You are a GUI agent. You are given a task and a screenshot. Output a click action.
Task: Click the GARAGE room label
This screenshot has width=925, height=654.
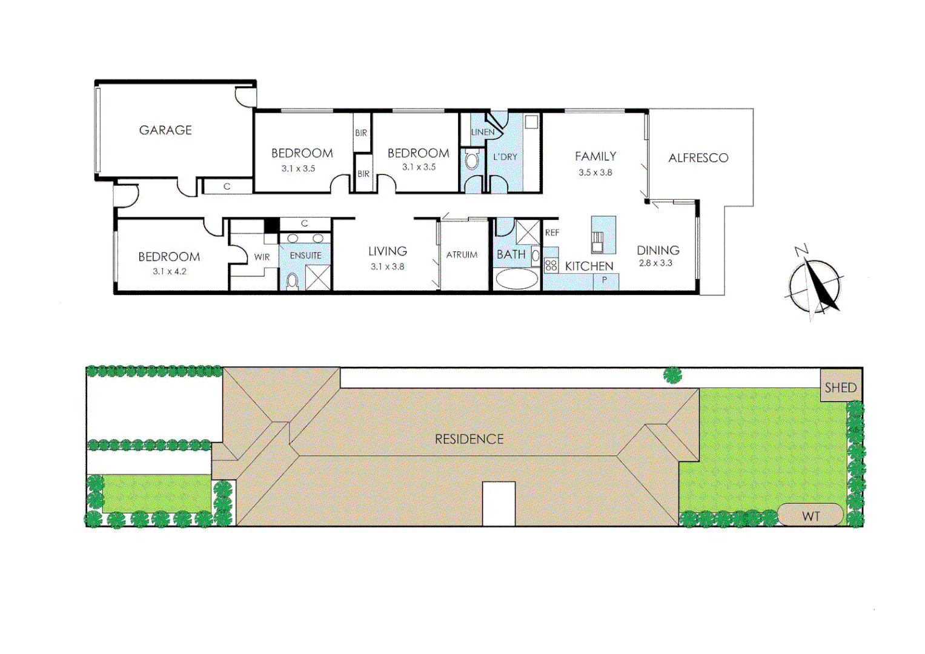(165, 130)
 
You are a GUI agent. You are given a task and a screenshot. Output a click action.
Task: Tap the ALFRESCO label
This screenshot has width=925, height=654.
(698, 158)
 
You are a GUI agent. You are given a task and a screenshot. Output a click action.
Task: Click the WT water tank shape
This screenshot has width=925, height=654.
(811, 515)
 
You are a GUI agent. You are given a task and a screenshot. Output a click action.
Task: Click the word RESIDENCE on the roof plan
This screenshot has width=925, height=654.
(469, 439)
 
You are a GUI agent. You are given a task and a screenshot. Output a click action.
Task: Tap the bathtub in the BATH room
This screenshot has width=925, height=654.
(516, 279)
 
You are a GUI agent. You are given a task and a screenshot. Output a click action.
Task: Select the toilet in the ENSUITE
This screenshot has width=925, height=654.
(293, 280)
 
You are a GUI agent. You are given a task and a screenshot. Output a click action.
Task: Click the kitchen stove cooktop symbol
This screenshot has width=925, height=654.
(551, 265)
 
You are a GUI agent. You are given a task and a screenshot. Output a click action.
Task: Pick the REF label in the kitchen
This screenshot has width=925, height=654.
(552, 233)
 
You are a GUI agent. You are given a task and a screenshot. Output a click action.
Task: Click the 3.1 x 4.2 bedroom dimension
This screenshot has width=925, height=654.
(170, 271)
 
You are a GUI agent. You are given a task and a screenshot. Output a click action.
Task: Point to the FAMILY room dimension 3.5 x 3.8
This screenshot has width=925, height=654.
(595, 173)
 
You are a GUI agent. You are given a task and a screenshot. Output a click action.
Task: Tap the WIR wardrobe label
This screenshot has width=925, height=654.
(262, 257)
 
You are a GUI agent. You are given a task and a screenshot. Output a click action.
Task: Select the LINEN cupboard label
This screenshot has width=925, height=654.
(482, 132)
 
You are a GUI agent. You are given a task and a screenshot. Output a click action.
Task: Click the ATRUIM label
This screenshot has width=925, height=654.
(462, 255)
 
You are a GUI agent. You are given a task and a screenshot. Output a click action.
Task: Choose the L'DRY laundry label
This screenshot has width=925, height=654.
(505, 157)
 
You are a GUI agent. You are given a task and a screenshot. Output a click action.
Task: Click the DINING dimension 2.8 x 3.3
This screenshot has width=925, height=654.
(655, 263)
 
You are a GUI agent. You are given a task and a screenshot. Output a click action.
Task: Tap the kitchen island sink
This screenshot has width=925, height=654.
(598, 241)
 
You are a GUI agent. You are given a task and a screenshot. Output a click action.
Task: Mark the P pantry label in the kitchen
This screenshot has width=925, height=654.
(604, 280)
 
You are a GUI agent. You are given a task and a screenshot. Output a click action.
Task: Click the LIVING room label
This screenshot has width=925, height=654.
(387, 251)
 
